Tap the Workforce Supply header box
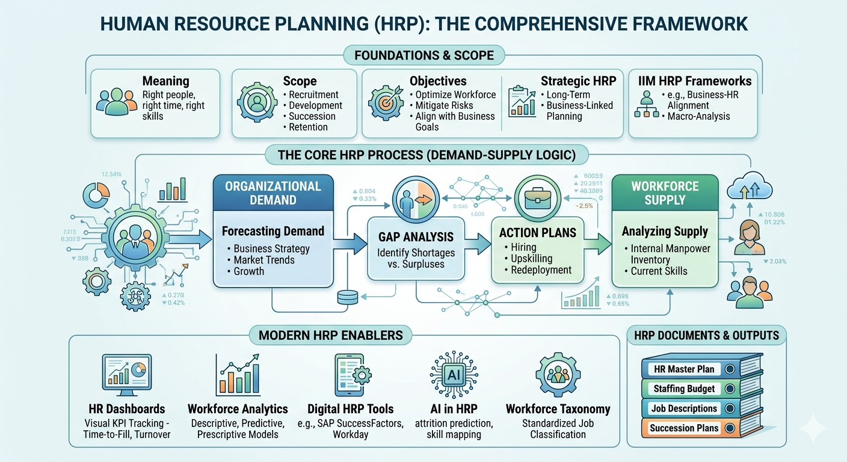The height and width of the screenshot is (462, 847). coord(665,192)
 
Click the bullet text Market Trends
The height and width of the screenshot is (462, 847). coord(264,260)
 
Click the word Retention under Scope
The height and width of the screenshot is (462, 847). coord(308,127)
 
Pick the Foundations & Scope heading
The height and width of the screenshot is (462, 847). coord(424,56)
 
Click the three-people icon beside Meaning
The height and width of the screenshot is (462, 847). coord(116,102)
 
